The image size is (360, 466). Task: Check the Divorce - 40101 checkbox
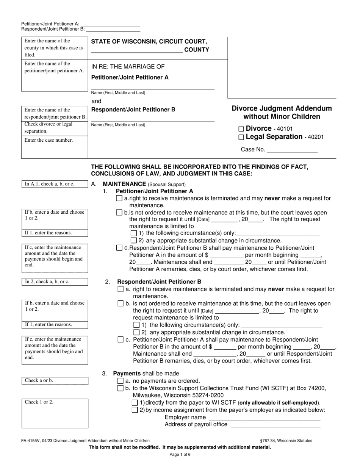click(x=242, y=129)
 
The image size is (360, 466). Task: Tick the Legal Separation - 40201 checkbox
click(x=242, y=137)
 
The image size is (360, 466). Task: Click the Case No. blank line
click(x=292, y=150)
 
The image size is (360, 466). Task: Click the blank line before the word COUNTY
click(x=137, y=50)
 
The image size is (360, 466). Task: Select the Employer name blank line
click(x=265, y=417)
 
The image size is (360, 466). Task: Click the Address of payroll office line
click(x=275, y=425)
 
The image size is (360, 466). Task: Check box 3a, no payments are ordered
click(x=121, y=381)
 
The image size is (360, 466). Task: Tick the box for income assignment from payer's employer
click(x=135, y=410)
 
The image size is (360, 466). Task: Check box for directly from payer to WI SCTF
click(x=135, y=403)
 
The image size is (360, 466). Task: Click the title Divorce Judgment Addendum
click(x=282, y=108)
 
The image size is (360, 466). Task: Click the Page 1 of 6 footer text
click(x=180, y=455)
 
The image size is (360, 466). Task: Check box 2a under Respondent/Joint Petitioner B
click(x=121, y=289)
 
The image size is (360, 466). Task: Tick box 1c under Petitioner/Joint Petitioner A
click(x=119, y=248)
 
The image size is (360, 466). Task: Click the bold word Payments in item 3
click(x=127, y=374)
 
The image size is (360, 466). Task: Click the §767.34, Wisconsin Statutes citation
click(x=286, y=441)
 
